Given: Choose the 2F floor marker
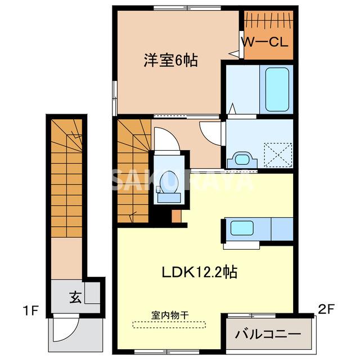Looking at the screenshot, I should pyautogui.click(x=326, y=308).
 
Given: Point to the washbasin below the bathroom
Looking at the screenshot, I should pyautogui.click(x=241, y=159).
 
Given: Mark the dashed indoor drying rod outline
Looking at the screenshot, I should pyautogui.click(x=169, y=324).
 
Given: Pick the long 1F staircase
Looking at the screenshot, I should pyautogui.click(x=66, y=180).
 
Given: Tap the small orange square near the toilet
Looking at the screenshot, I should pyautogui.click(x=177, y=215).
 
